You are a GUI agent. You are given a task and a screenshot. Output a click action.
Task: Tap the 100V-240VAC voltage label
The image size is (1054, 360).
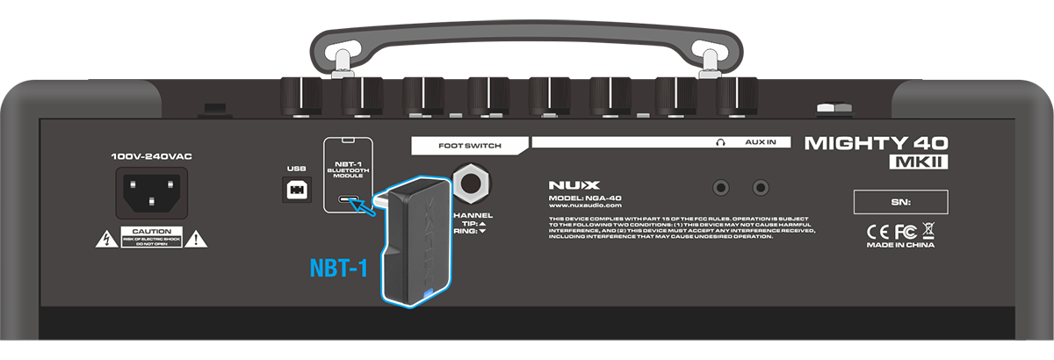(151, 156)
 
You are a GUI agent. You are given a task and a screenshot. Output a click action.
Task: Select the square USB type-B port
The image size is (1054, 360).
(292, 189)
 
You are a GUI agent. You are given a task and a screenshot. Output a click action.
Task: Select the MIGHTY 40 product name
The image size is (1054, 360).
(876, 142)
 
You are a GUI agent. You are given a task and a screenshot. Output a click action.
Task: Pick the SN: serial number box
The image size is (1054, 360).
(900, 203)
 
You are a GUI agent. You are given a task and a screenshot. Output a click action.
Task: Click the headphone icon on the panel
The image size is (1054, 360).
(720, 141)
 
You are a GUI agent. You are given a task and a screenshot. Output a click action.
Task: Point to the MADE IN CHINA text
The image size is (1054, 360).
(900, 246)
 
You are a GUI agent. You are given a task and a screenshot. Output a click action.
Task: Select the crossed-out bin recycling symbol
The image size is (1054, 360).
(928, 231)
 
